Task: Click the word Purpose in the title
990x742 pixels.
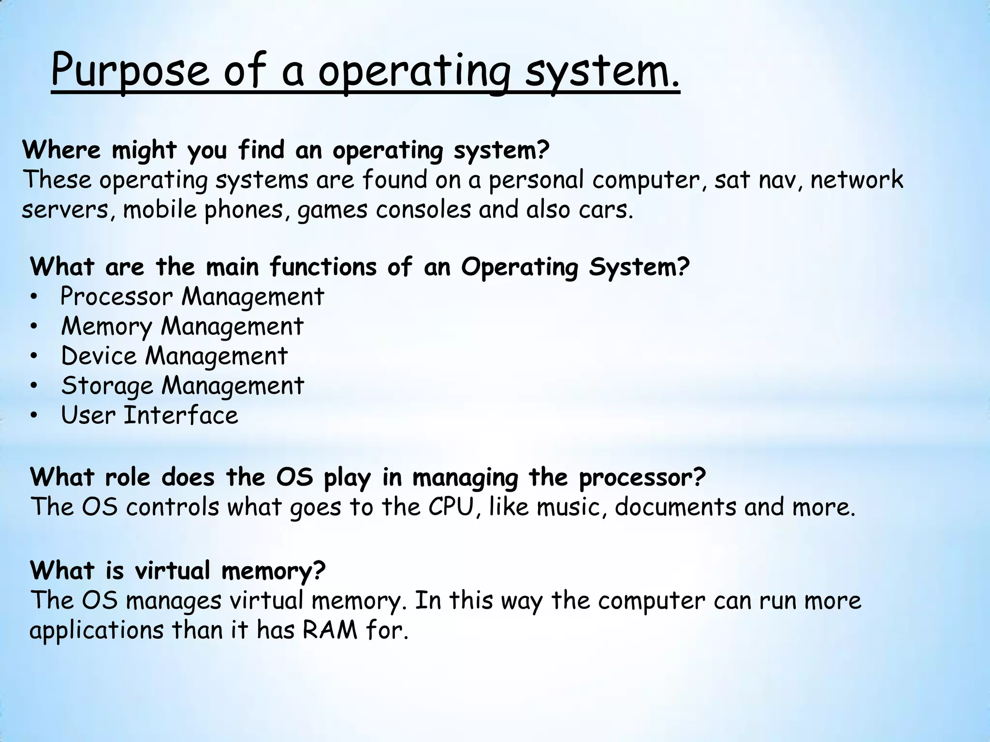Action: tap(130, 71)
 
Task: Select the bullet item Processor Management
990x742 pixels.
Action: tap(192, 296)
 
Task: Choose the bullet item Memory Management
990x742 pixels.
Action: tap(182, 326)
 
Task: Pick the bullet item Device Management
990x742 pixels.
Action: tap(174, 356)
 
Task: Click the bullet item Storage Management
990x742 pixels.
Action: tap(183, 385)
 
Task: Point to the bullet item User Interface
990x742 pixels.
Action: tap(149, 415)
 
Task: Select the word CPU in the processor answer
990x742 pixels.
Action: tap(451, 507)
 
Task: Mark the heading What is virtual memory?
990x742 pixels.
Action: tap(178, 571)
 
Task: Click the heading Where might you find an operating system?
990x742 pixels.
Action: tap(286, 150)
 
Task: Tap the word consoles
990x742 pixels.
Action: tap(423, 210)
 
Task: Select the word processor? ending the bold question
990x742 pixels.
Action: tap(642, 478)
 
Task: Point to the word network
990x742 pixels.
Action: tap(857, 180)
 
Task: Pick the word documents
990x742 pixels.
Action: tap(675, 507)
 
